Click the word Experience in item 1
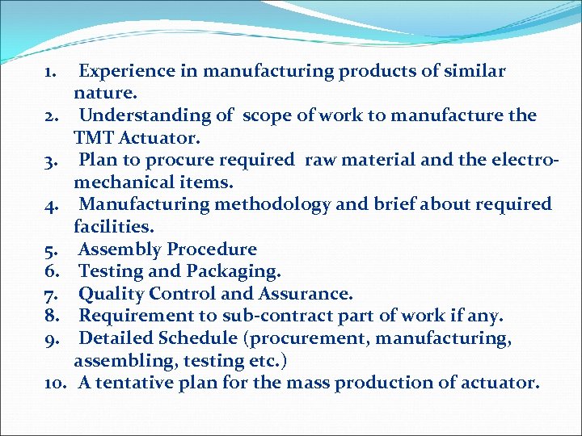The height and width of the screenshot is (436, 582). (x=127, y=71)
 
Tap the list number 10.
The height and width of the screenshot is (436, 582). (x=56, y=383)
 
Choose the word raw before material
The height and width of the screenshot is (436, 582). (x=319, y=160)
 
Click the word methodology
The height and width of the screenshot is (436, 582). (x=265, y=204)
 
